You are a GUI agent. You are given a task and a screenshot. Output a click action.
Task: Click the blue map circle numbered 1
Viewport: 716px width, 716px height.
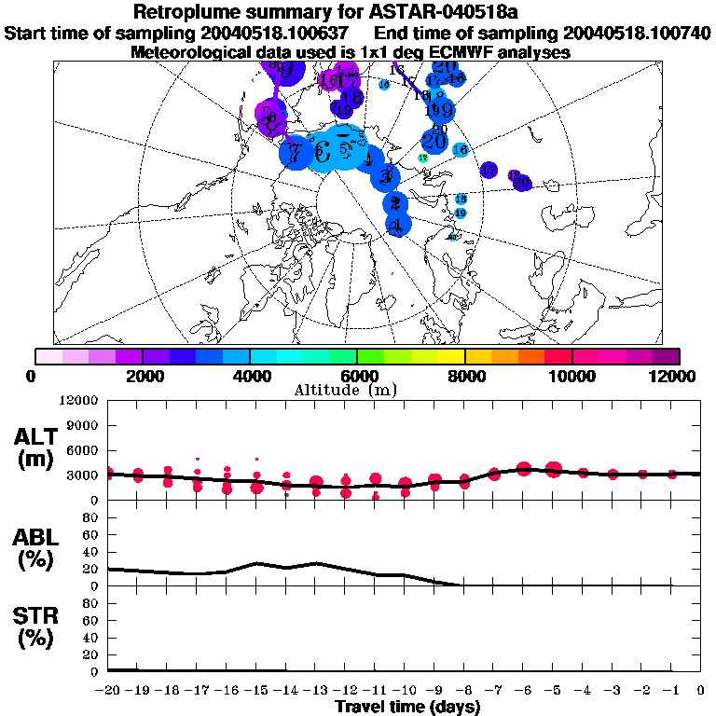click(x=398, y=225)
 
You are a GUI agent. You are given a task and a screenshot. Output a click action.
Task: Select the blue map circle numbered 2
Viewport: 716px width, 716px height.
click(x=396, y=203)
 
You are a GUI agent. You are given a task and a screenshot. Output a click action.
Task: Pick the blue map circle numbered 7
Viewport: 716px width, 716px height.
click(x=296, y=153)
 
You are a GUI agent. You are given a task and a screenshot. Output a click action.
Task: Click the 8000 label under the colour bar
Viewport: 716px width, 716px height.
click(x=464, y=376)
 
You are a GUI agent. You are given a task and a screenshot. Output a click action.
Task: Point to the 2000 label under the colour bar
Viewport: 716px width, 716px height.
click(x=143, y=376)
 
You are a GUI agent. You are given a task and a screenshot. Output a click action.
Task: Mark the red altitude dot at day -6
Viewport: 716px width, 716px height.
click(x=523, y=469)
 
